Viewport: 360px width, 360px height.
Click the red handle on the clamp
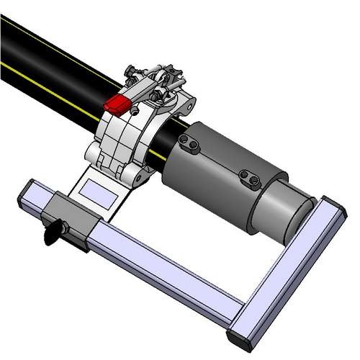[x=116, y=105]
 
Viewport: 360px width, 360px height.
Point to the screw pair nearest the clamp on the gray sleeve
[x=193, y=146]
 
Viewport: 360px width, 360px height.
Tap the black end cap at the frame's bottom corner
[x=239, y=337]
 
